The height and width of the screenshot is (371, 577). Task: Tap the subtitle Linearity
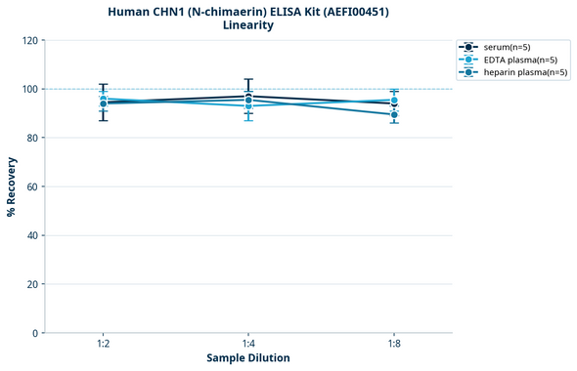tap(248, 25)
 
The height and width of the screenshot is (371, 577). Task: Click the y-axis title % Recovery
tap(12, 186)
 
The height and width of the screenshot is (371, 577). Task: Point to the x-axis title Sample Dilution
tap(248, 358)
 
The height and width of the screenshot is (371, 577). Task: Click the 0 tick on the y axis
tap(35, 333)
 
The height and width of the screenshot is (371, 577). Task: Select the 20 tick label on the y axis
tap(32, 284)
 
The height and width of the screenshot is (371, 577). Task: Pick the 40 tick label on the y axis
tap(32, 235)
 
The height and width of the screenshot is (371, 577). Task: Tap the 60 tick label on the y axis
tap(32, 186)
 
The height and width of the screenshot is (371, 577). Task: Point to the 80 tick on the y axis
tap(32, 138)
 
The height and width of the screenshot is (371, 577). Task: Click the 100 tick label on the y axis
tap(29, 89)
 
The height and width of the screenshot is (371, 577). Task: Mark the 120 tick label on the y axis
tap(29, 41)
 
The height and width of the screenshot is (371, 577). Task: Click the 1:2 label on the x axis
tap(103, 343)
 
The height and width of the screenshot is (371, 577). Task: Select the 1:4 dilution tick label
tap(248, 343)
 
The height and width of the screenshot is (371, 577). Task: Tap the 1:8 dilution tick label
tap(394, 343)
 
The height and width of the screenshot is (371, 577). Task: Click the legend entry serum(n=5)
tap(506, 47)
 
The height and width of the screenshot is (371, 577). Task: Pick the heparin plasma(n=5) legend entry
tap(521, 72)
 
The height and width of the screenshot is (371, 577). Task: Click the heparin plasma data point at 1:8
tap(394, 115)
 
